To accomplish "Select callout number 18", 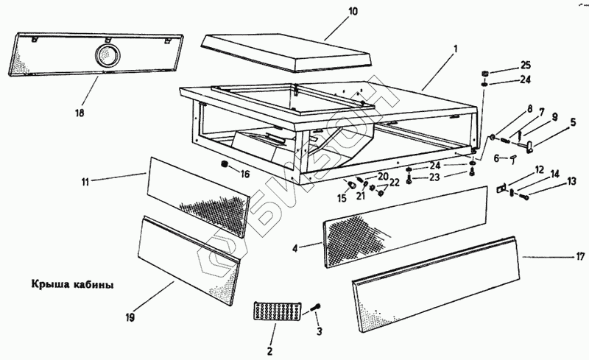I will [80, 113].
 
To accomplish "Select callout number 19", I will [130, 318].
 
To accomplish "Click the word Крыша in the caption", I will [49, 283].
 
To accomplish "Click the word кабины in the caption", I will [95, 283].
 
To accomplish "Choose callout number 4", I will [294, 249].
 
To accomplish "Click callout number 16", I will [245, 174].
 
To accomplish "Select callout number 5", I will [572, 124].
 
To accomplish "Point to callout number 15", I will [342, 198].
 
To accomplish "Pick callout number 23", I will [434, 177].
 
